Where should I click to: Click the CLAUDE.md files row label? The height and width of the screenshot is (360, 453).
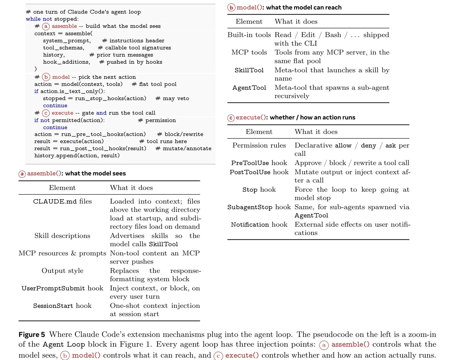pos(62,201)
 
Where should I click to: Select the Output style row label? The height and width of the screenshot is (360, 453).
pos(62,271)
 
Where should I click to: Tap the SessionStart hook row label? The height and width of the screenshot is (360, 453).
pos(62,306)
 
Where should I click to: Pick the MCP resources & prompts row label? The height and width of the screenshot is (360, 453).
pos(62,253)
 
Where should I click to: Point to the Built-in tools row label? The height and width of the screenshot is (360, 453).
pos(249,35)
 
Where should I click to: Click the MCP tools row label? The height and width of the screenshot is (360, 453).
pos(249,52)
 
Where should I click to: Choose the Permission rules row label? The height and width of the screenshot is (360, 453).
pos(259,145)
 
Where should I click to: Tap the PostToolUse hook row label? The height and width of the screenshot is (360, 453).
pos(259,172)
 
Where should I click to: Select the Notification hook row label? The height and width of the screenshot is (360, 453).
pos(259,225)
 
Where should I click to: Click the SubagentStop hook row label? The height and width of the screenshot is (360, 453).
pos(259,207)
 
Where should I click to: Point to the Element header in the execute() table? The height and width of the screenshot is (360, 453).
pos(259,132)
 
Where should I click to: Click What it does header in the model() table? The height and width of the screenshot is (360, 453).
pos(296,22)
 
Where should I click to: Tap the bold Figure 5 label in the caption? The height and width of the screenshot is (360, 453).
pos(32,335)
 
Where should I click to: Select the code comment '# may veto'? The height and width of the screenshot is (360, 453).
pos(172,98)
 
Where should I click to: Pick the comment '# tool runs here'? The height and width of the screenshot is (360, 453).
pos(163,141)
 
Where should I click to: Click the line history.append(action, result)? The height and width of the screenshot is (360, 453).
pos(77,156)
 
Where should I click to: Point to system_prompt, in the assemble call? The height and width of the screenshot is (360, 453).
pos(67,41)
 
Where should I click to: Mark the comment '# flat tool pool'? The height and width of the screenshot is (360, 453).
pos(154,84)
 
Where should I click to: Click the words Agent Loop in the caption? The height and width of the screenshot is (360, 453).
pos(64,345)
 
